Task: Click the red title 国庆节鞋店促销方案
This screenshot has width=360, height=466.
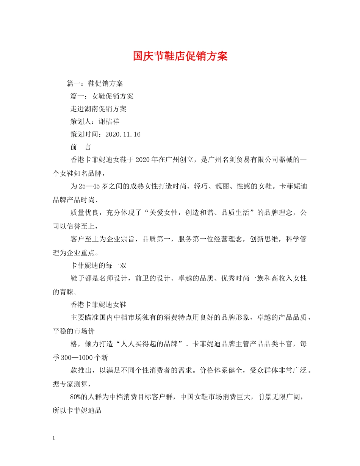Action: [x=180, y=56]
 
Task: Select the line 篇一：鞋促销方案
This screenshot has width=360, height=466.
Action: [x=94, y=83]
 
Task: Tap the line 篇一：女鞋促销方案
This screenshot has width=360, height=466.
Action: [x=102, y=96]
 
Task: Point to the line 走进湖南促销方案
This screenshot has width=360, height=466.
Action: [x=98, y=109]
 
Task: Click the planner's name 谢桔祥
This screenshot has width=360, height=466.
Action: [x=109, y=122]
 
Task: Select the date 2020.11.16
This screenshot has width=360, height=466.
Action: [x=123, y=135]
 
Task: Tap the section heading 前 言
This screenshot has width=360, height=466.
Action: [x=80, y=148]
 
